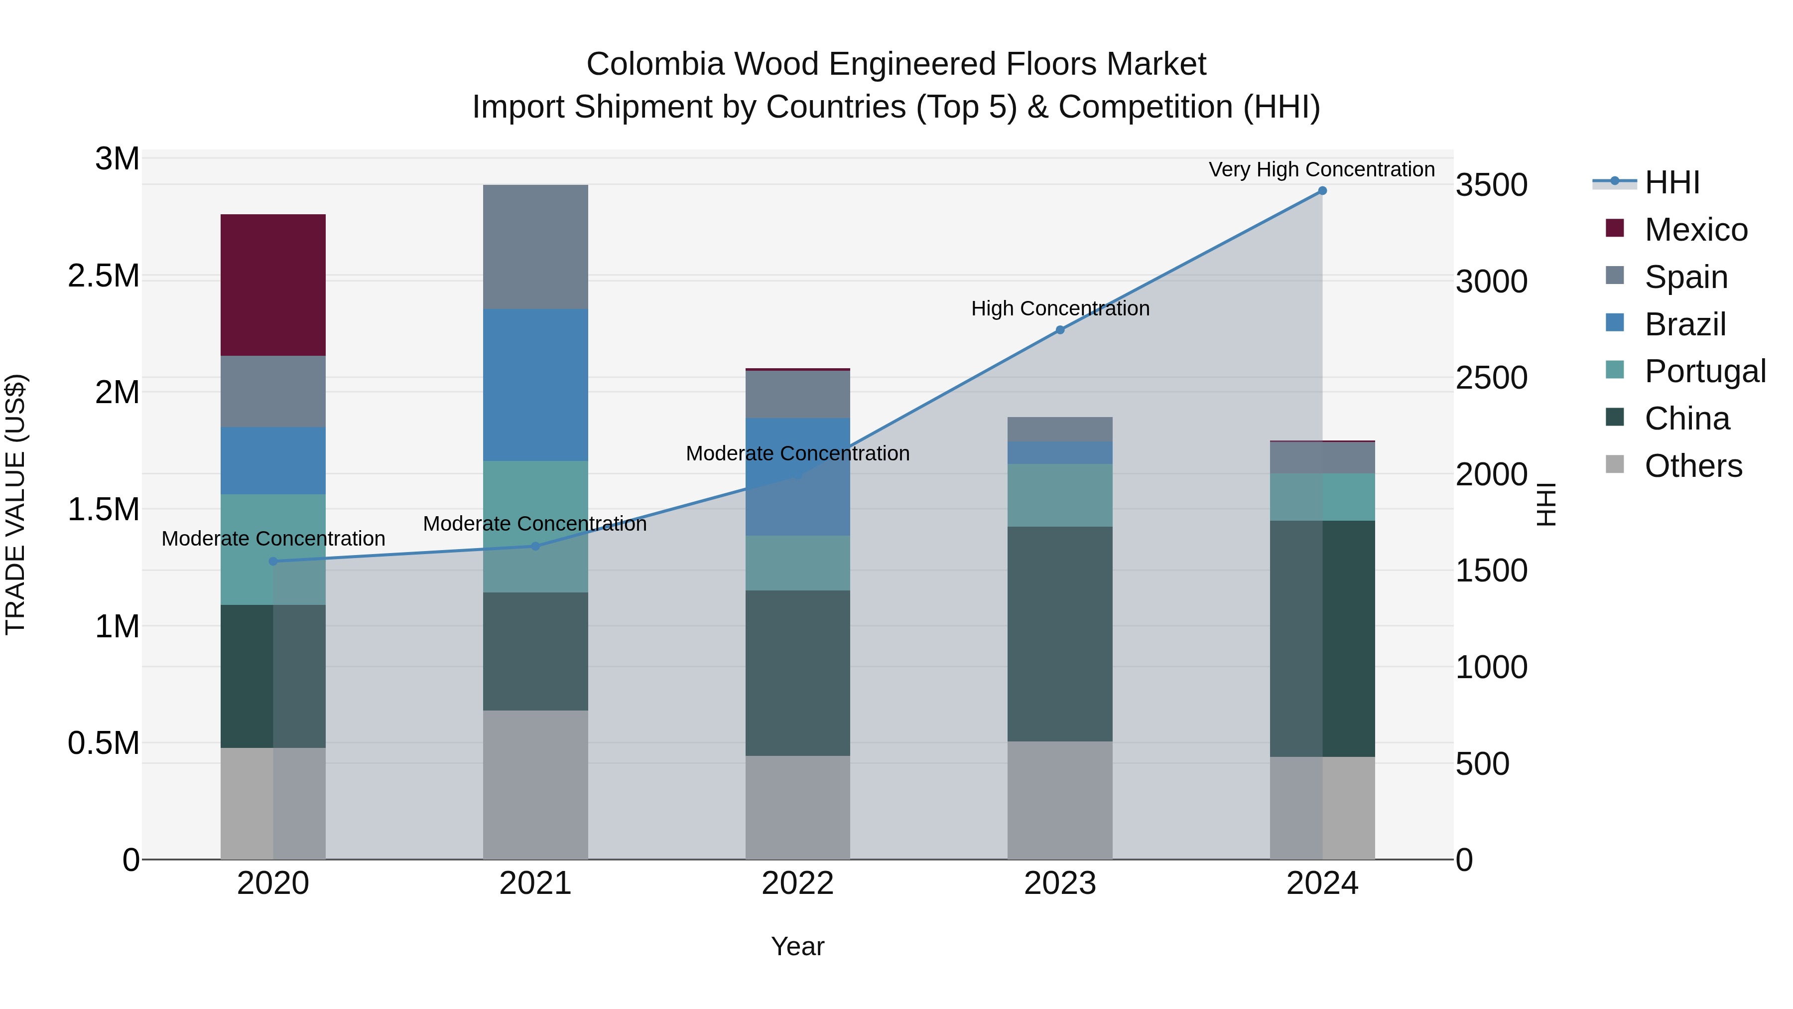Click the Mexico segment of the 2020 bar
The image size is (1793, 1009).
coord(273,285)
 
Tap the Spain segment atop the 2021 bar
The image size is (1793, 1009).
coord(535,247)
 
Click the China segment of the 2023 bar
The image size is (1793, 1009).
coord(1059,634)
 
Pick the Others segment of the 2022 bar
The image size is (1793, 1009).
coord(798,807)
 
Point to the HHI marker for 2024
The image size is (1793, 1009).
coord(1322,191)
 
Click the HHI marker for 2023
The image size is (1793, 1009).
coord(1059,330)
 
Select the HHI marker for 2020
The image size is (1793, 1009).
coord(273,561)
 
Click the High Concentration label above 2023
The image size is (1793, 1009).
coord(1059,308)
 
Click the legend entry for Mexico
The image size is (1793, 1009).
coord(1695,230)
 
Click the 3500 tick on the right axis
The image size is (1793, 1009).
coord(1492,185)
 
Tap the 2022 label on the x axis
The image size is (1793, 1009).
coord(798,883)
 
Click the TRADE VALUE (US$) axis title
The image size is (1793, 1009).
coord(15,504)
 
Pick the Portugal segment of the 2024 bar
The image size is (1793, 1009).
coord(1322,497)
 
